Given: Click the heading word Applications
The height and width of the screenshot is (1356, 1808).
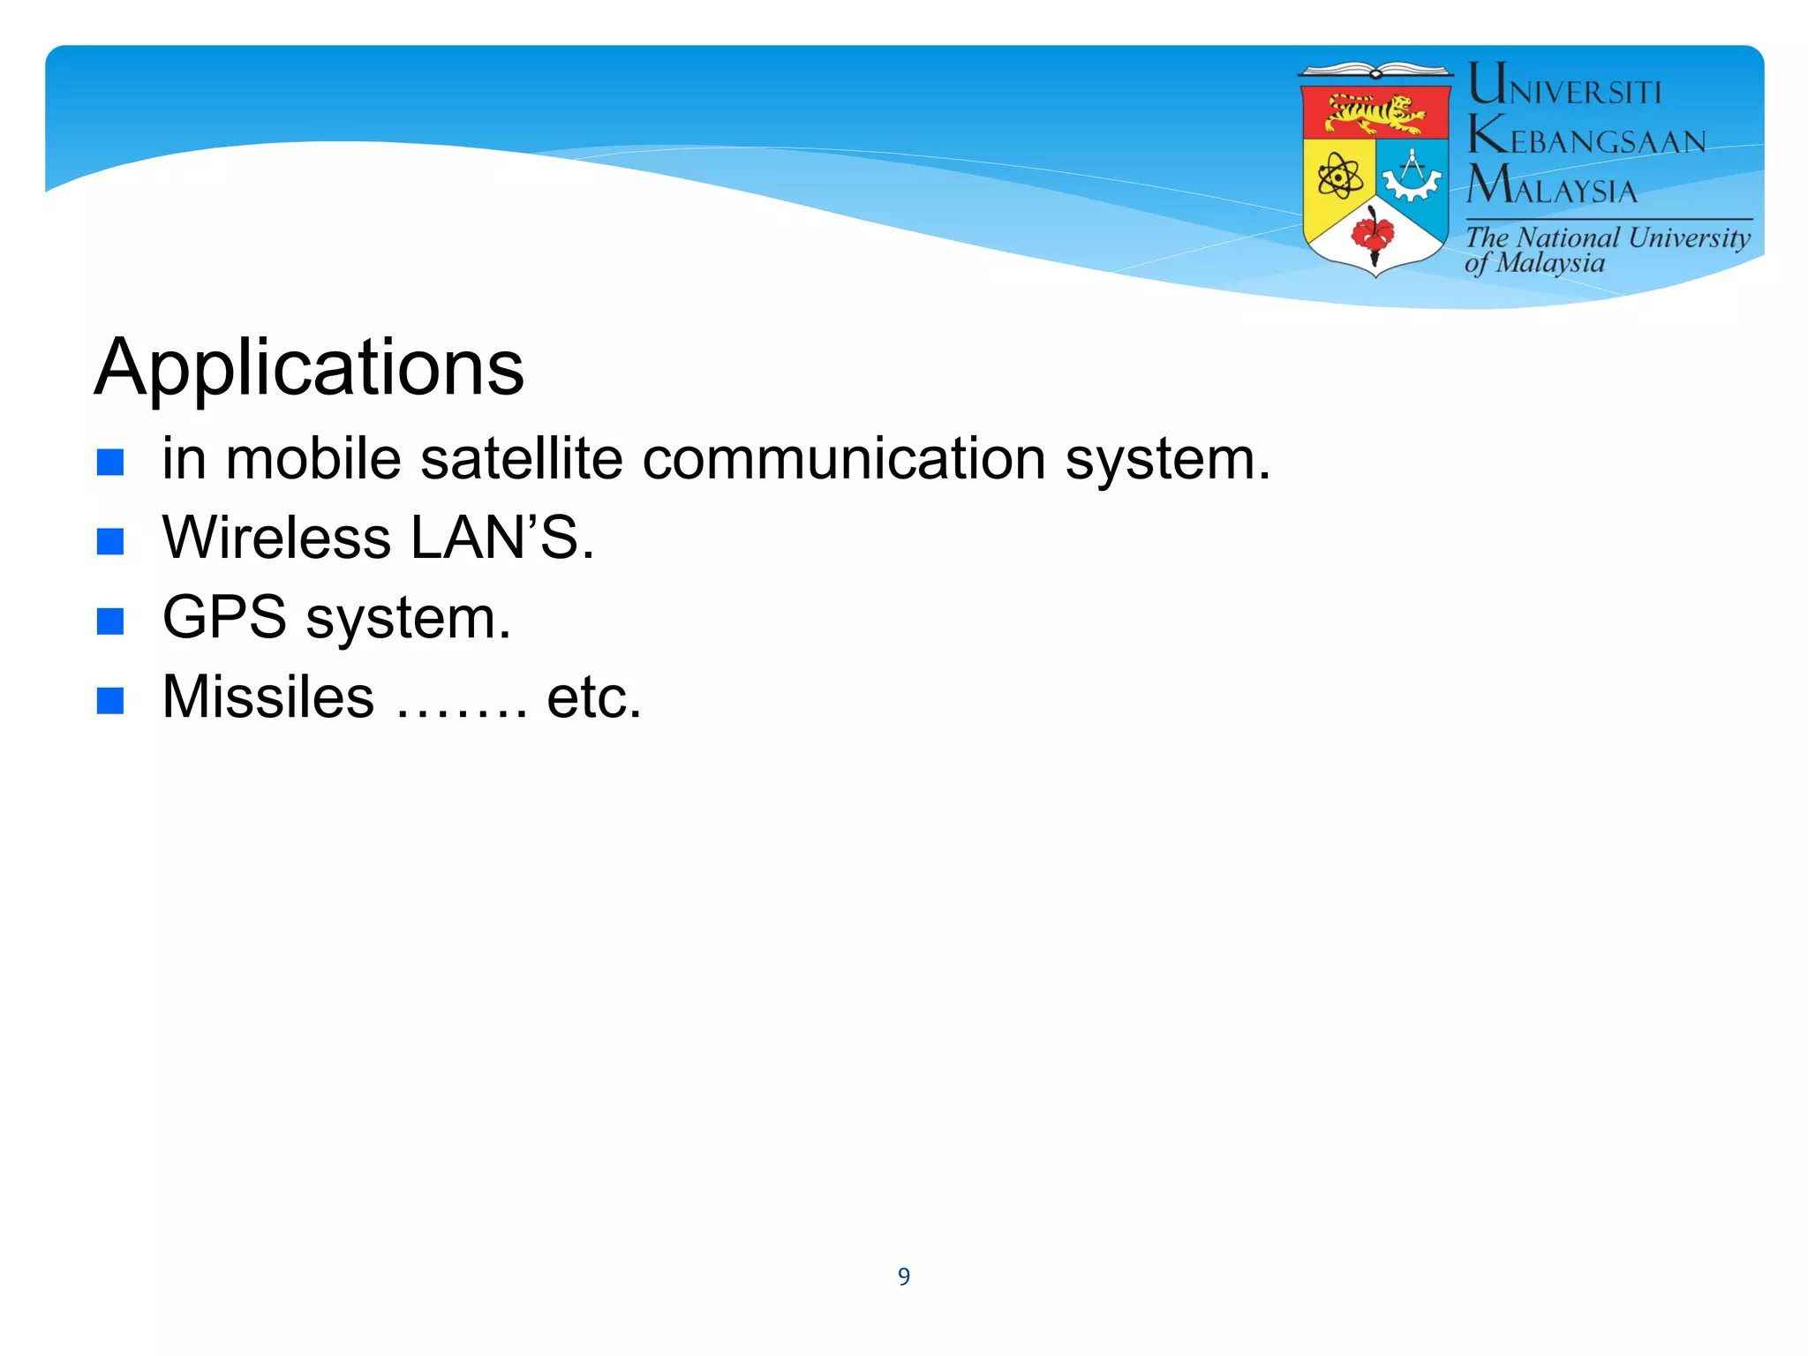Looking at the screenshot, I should pos(309,367).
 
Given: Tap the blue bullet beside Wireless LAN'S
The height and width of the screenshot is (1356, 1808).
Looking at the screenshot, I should pos(110,541).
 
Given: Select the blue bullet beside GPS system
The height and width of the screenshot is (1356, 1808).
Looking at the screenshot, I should pos(110,621).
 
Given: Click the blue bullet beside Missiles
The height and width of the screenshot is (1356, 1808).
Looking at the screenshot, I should pos(110,700).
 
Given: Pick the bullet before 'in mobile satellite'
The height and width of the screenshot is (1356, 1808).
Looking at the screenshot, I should pos(110,462).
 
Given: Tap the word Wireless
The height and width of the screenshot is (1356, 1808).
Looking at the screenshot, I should pos(276,538).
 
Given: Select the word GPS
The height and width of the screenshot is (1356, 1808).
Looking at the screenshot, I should pos(224,617).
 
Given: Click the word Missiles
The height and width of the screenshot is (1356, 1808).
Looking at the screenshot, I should pos(268,697).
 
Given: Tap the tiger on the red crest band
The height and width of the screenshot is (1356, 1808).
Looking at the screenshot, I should pos(1375,114).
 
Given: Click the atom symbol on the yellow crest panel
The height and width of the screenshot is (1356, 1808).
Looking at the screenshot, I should pos(1339,177).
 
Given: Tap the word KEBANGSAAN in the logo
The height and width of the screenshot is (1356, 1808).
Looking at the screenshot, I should pos(1586,138).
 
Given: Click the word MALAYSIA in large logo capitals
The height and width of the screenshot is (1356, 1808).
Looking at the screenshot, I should pos(1551,186).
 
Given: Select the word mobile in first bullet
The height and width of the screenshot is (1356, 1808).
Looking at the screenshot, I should pos(313,459).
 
